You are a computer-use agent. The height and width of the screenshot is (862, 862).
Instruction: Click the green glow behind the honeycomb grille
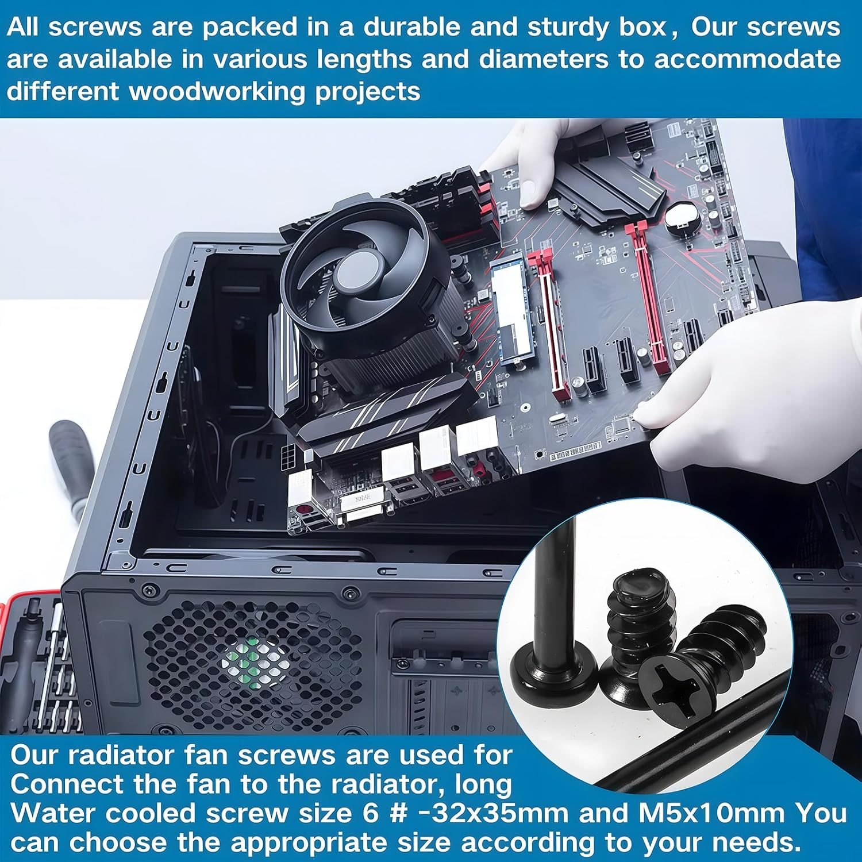(x=253, y=661)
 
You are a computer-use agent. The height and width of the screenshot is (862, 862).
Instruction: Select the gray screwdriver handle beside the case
(x=72, y=460)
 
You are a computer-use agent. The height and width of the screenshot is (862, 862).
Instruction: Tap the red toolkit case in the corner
(x=34, y=661)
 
